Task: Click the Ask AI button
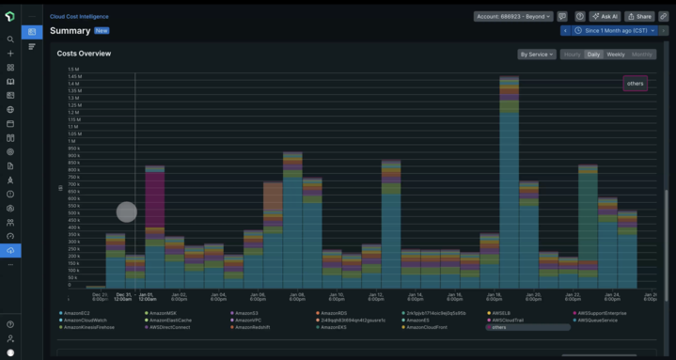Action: [605, 16]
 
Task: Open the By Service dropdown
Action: [537, 55]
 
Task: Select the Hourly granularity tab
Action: [572, 55]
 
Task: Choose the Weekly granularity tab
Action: [616, 55]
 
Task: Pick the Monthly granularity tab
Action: [642, 55]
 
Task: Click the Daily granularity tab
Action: [594, 55]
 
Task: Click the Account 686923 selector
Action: [513, 16]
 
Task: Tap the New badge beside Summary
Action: [102, 31]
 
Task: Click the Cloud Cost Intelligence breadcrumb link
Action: [80, 16]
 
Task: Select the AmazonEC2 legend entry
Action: [77, 313]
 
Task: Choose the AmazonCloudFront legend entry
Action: [427, 327]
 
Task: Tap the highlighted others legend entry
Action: [527, 327]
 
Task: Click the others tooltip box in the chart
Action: [636, 84]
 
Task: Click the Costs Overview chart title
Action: [84, 55]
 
